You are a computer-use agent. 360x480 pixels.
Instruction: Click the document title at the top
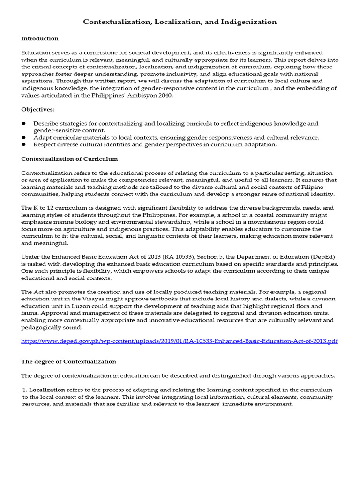(180, 22)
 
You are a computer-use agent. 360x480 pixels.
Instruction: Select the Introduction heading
(40, 38)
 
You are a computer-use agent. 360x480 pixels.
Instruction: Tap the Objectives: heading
(37, 109)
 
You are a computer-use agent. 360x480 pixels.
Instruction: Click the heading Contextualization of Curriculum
(69, 159)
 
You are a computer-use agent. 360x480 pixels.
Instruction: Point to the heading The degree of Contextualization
(69, 361)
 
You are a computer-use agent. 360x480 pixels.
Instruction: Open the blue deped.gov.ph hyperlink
(180, 341)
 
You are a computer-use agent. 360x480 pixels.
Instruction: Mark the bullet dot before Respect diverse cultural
(24, 144)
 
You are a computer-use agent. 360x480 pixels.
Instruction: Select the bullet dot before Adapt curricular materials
(24, 137)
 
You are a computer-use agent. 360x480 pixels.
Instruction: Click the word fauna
(30, 313)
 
